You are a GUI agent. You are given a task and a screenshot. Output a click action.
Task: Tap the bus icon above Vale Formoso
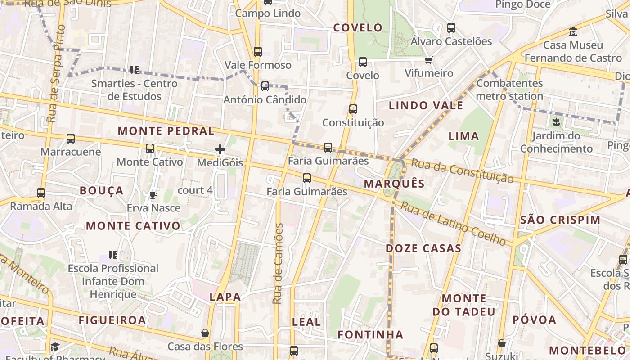pos(258,52)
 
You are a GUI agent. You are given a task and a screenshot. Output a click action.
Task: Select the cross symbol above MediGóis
pos(220,149)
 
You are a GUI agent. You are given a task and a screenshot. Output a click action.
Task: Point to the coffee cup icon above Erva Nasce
pos(153,195)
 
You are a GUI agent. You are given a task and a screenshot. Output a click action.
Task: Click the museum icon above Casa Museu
pos(573,32)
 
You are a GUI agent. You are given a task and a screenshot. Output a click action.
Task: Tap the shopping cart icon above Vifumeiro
pos(428,60)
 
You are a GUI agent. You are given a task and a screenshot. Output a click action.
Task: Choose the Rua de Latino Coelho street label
pos(453,224)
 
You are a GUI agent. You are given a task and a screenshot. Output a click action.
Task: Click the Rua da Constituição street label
pos(462,171)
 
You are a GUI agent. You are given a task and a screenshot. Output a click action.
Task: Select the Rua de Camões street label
pos(278,263)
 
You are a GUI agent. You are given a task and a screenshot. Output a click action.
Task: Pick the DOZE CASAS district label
pos(423,248)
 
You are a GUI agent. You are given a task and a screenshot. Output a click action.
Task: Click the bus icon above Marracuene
pos(71,139)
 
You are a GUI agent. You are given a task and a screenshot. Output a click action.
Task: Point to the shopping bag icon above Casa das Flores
pos(205,333)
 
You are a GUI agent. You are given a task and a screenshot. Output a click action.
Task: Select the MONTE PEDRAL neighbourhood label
pos(166,131)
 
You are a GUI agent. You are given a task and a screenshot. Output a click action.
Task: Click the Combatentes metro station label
pos(509,90)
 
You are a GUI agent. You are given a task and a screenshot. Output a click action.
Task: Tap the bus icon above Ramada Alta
pos(41,193)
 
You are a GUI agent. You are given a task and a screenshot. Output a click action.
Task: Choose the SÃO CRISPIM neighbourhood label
pos(560,220)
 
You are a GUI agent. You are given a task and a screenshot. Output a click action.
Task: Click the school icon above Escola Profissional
pos(113,255)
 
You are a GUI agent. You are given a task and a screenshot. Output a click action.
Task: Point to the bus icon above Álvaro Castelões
pos(451,28)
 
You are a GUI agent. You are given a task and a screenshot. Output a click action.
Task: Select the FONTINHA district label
pos(370,335)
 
